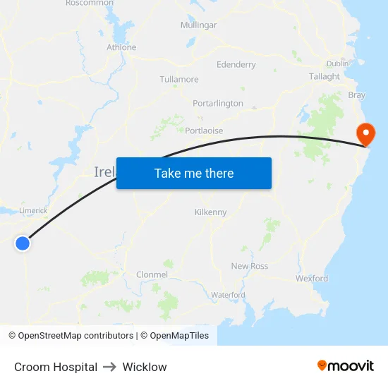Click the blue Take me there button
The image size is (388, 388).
pyautogui.click(x=194, y=174)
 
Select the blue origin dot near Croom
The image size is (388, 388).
pyautogui.click(x=23, y=243)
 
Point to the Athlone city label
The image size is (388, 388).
pyautogui.click(x=121, y=47)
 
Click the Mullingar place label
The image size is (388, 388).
pyautogui.click(x=198, y=25)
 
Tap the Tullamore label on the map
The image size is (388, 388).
pyautogui.click(x=179, y=79)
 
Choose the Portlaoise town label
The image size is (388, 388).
pyautogui.click(x=204, y=131)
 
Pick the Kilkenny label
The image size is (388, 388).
pyautogui.click(x=210, y=212)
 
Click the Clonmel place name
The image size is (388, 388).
pyautogui.click(x=152, y=274)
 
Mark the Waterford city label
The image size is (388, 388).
pyautogui.click(x=228, y=294)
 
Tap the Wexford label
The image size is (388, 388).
pyautogui.click(x=312, y=278)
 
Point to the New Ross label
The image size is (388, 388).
pyautogui.click(x=250, y=266)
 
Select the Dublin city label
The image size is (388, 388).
pyautogui.click(x=338, y=63)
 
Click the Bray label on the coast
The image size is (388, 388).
pyautogui.click(x=357, y=95)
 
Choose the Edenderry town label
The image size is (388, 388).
pyautogui.click(x=236, y=64)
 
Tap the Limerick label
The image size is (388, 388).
pyautogui.click(x=33, y=210)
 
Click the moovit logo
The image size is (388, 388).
pyautogui.click(x=346, y=365)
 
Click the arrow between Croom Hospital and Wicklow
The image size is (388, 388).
pyautogui.click(x=110, y=367)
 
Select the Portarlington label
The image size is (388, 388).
pyautogui.click(x=218, y=103)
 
